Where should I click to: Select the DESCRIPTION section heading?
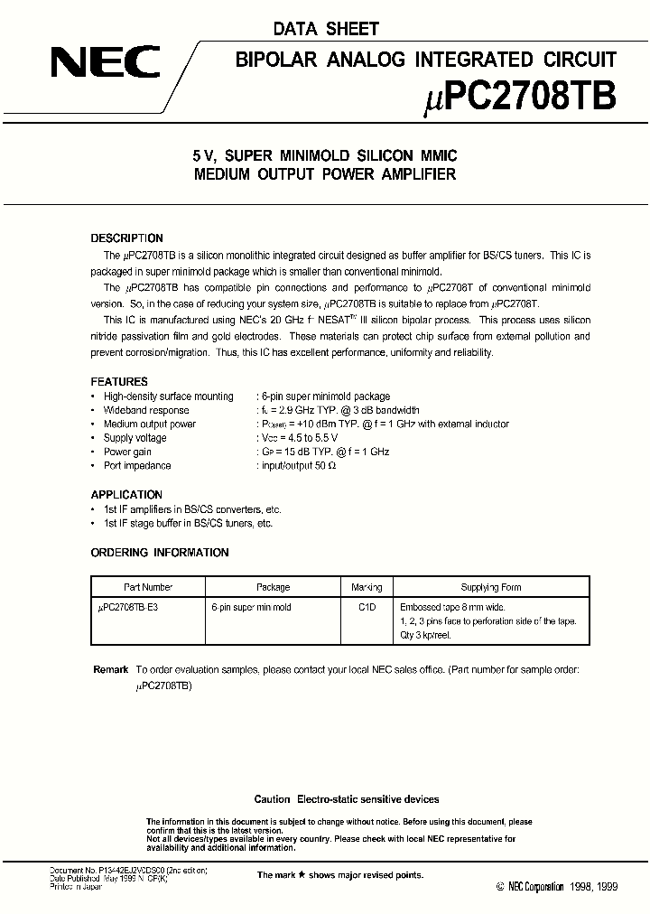click(127, 238)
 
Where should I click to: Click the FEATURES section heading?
click(119, 382)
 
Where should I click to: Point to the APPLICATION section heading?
click(127, 495)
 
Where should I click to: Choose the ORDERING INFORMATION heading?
click(160, 553)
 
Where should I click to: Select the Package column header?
click(273, 587)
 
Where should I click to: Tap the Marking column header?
click(367, 587)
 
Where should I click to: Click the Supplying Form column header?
click(491, 587)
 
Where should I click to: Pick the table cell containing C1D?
click(367, 608)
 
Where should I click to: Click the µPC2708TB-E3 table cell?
click(134, 608)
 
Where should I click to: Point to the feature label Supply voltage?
click(135, 438)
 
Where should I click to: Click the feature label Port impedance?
click(137, 466)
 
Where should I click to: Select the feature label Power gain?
click(128, 452)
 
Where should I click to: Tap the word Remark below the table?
click(111, 670)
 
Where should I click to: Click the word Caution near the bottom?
click(272, 799)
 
